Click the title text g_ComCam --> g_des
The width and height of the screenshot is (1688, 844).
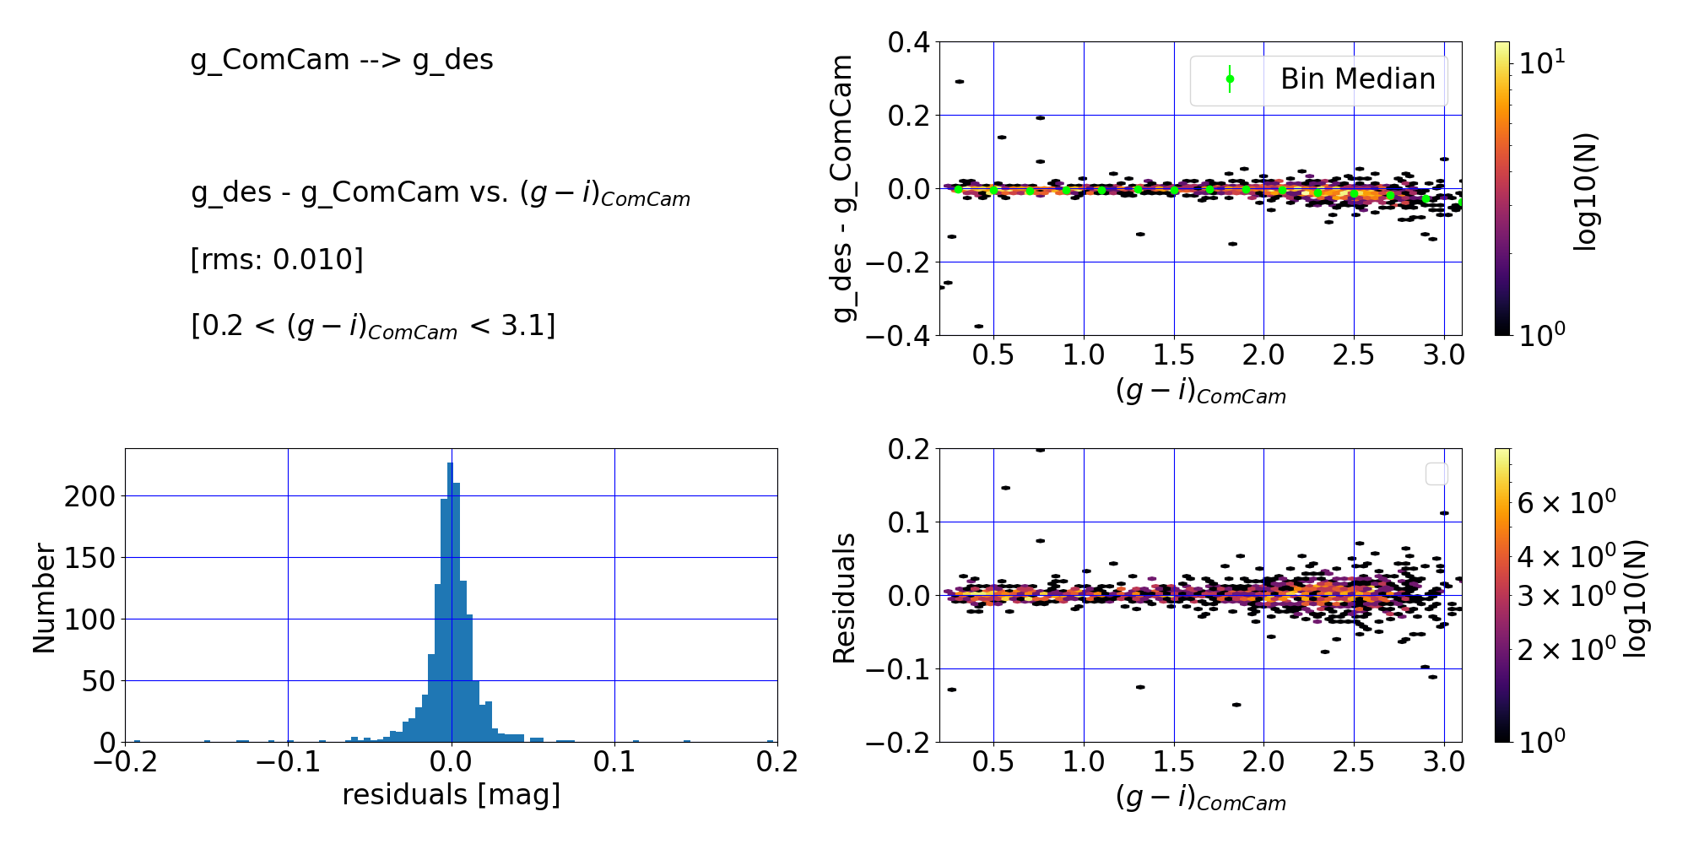pyautogui.click(x=342, y=60)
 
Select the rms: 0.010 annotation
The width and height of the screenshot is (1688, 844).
pyautogui.click(x=277, y=259)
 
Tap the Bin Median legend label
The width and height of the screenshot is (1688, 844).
pyautogui.click(x=1357, y=79)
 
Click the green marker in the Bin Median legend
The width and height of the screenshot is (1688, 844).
pyautogui.click(x=1230, y=79)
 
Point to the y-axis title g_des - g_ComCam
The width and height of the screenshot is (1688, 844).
pyautogui.click(x=843, y=188)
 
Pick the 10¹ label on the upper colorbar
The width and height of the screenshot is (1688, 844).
pyautogui.click(x=1541, y=62)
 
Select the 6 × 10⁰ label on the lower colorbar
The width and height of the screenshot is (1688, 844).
pyautogui.click(x=1566, y=502)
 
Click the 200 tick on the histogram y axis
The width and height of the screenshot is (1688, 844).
pyautogui.click(x=89, y=496)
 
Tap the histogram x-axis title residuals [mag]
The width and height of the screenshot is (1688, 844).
pyautogui.click(x=451, y=795)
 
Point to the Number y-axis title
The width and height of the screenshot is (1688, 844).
pyautogui.click(x=44, y=598)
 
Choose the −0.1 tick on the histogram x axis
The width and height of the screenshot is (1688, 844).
pyautogui.click(x=288, y=762)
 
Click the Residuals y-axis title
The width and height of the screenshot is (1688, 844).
pyautogui.click(x=844, y=598)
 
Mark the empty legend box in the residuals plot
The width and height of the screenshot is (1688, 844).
pyautogui.click(x=1436, y=474)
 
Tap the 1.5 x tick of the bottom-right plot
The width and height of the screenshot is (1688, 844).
pyautogui.click(x=1174, y=762)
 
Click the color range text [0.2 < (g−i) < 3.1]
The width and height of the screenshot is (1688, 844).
pyautogui.click(x=373, y=326)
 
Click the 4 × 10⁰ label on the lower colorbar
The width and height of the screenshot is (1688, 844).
pyautogui.click(x=1566, y=557)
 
